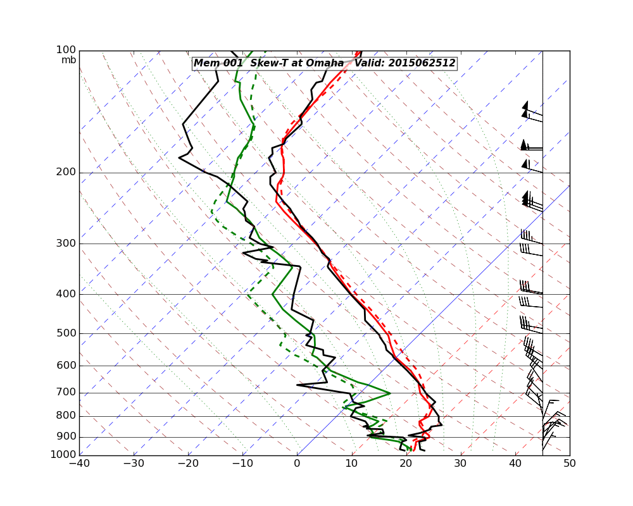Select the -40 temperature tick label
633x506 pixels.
(79, 463)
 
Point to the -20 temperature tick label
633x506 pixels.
(188, 463)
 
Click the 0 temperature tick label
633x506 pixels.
(298, 463)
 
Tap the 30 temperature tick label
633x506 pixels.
(461, 463)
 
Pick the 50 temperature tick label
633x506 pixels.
(570, 463)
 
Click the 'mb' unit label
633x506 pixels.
(68, 60)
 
